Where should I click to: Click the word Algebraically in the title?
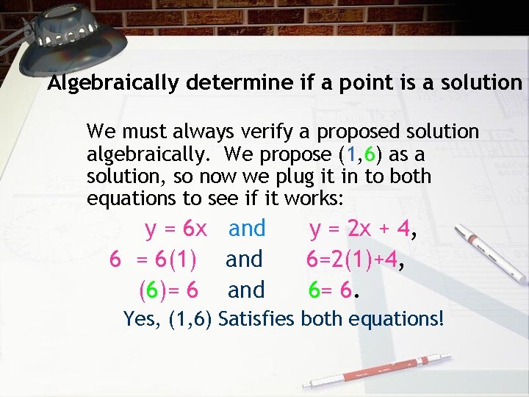(x=113, y=83)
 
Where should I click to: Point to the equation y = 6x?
(x=176, y=229)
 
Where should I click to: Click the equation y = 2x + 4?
(x=359, y=229)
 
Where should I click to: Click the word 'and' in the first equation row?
(x=247, y=229)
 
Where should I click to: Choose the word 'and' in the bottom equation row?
(x=246, y=290)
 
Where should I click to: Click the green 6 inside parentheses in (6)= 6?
(x=151, y=290)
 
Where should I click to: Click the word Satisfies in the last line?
(x=254, y=320)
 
